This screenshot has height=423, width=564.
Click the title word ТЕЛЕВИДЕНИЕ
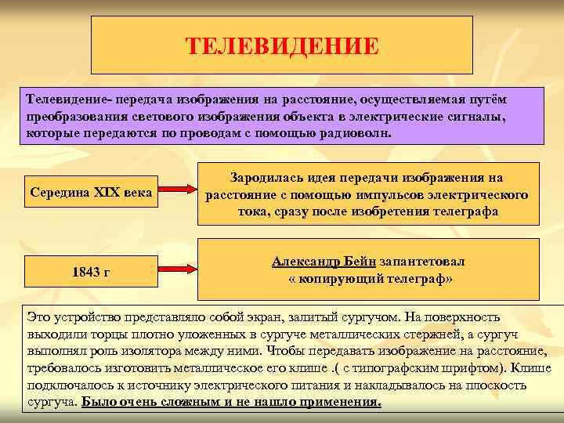coord(282,45)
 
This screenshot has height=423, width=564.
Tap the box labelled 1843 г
coord(90,272)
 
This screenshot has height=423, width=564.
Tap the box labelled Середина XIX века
coord(90,192)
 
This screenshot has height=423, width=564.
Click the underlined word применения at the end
coord(342,403)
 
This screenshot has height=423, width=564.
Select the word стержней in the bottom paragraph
coord(428,334)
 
